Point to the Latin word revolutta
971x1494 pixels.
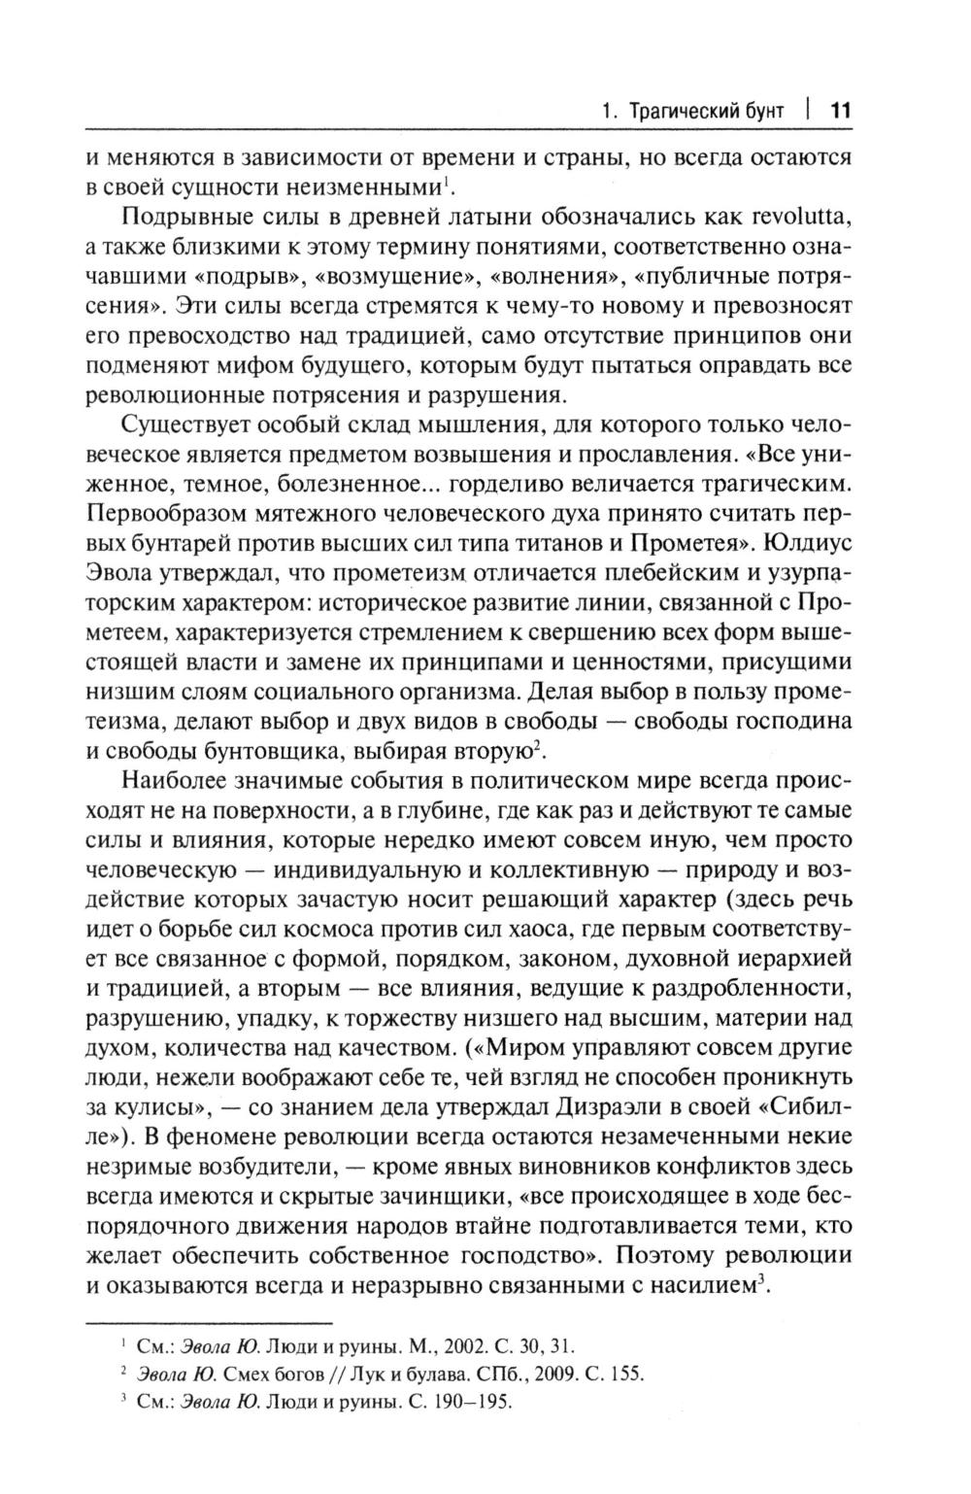tap(794, 214)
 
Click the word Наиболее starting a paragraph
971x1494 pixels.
tap(181, 781)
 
